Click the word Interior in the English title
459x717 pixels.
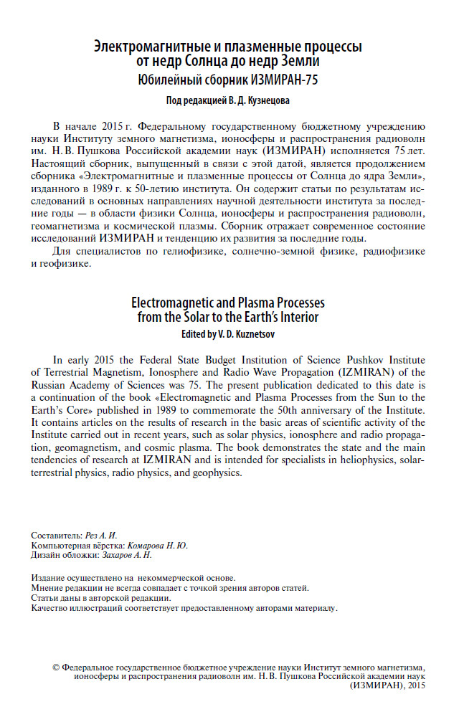click(x=294, y=316)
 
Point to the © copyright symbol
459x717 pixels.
click(x=57, y=666)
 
